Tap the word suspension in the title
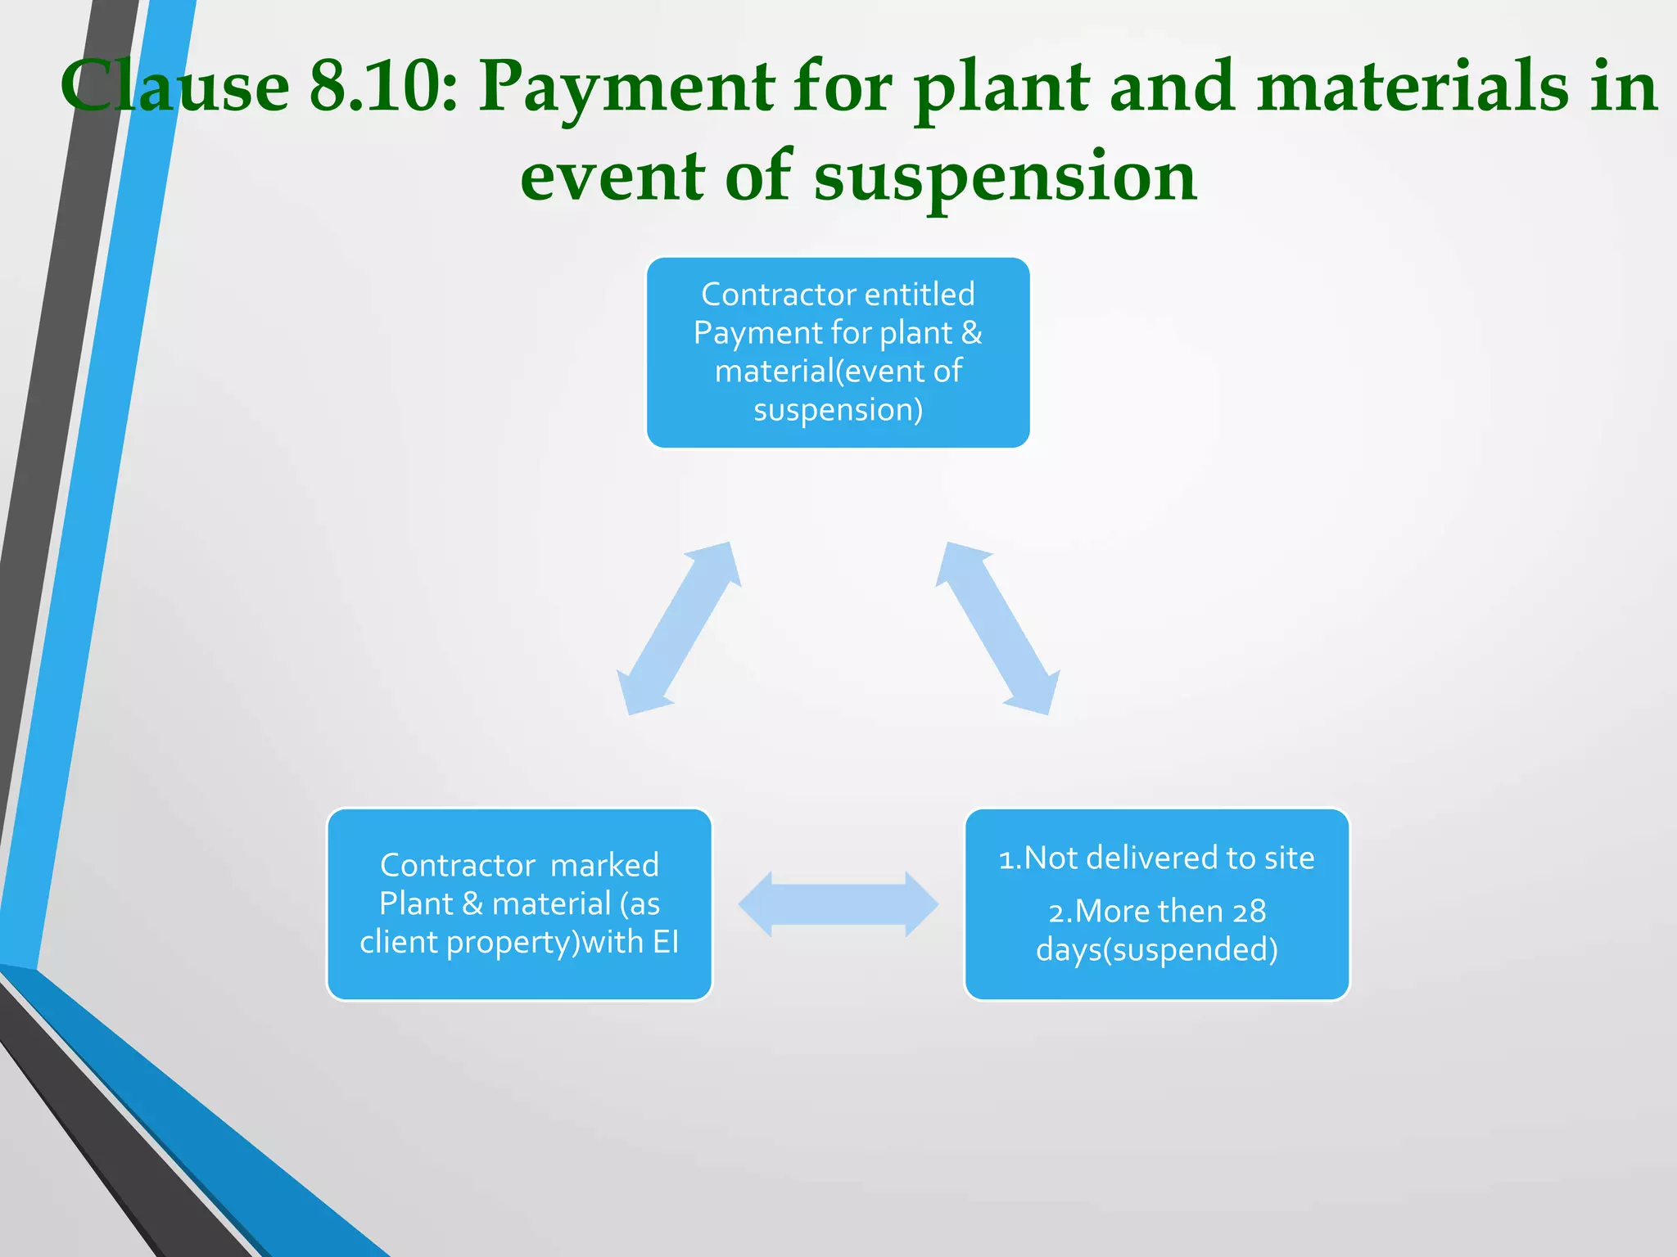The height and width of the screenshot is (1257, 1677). coord(1005,177)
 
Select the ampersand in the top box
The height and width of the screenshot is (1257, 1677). coord(971,332)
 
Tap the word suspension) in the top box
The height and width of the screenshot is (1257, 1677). coord(838,409)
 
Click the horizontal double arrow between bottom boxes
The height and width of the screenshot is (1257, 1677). coord(838,904)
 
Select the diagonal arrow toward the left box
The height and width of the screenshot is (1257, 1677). coord(679,628)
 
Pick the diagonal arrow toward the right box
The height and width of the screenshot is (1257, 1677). coord(998,628)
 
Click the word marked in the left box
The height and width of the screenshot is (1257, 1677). coord(604,865)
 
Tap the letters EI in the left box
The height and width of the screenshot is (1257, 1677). coord(665,942)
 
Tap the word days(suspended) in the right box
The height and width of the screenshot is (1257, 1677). coord(1156,949)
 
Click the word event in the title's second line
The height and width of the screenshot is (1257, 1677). coord(612,177)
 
